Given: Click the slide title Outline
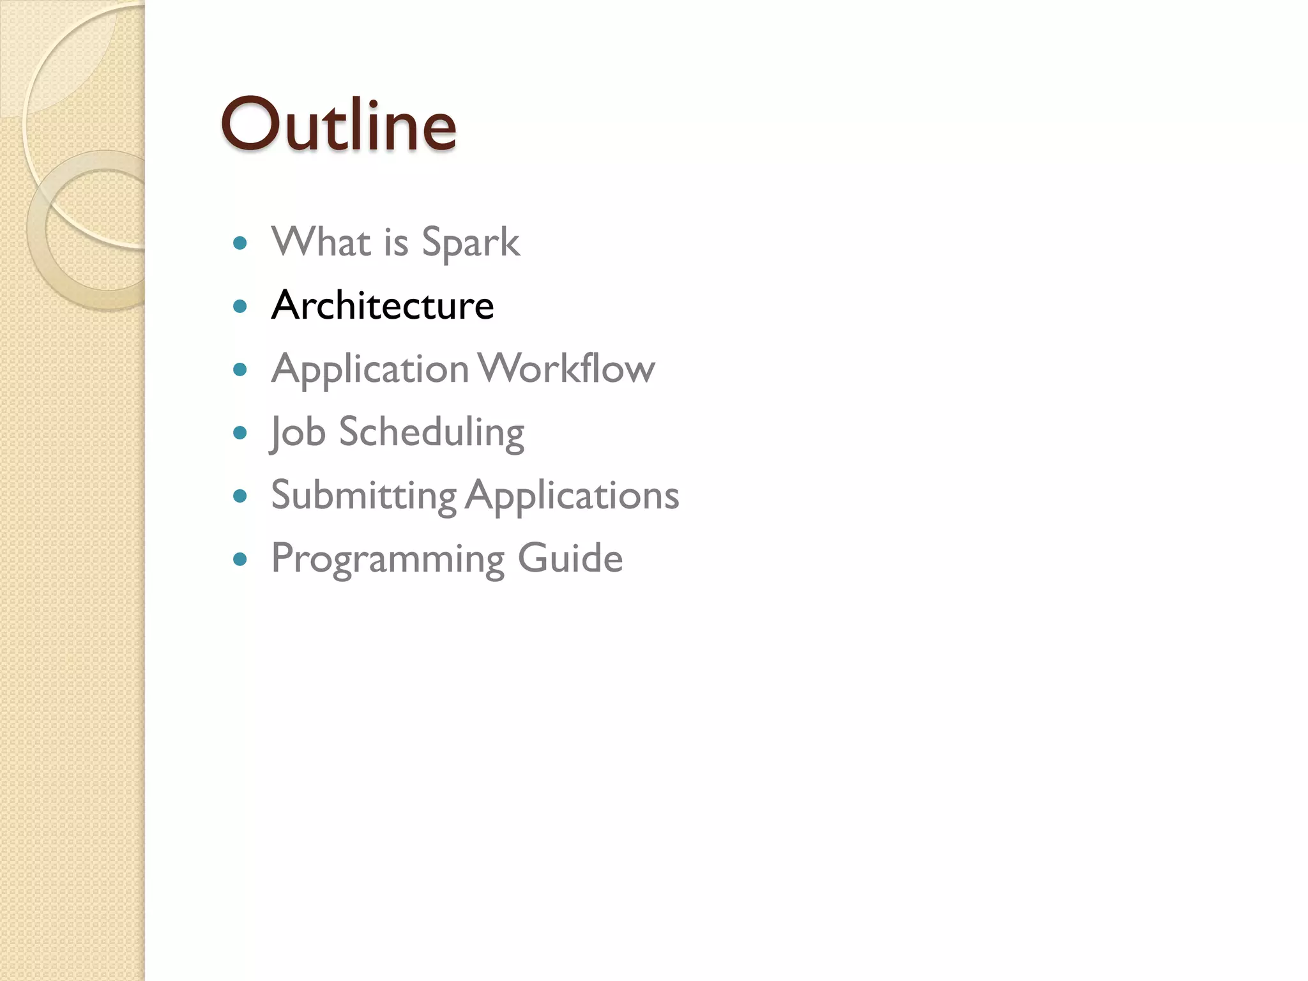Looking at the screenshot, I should coord(338,125).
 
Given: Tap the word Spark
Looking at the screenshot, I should coord(471,243).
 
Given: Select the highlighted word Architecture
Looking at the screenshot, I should coord(383,305).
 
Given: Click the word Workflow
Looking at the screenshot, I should coord(567,369).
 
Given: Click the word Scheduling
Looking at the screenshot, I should coord(432,432).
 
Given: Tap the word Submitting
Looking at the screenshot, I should coord(363,495).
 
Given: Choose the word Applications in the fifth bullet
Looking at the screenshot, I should coord(572,496).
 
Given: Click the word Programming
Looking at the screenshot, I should coord(388,559).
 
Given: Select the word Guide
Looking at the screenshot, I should coord(570,558).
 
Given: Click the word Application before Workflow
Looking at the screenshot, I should coord(370,369).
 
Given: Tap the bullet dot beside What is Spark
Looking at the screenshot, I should coord(240,243).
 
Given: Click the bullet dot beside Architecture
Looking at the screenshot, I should coord(240,307).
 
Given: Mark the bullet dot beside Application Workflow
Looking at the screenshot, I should coord(240,369).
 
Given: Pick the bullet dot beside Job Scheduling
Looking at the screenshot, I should coord(240,432).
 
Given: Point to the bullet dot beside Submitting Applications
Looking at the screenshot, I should coord(240,496).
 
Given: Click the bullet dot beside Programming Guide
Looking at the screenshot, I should coord(240,559).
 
